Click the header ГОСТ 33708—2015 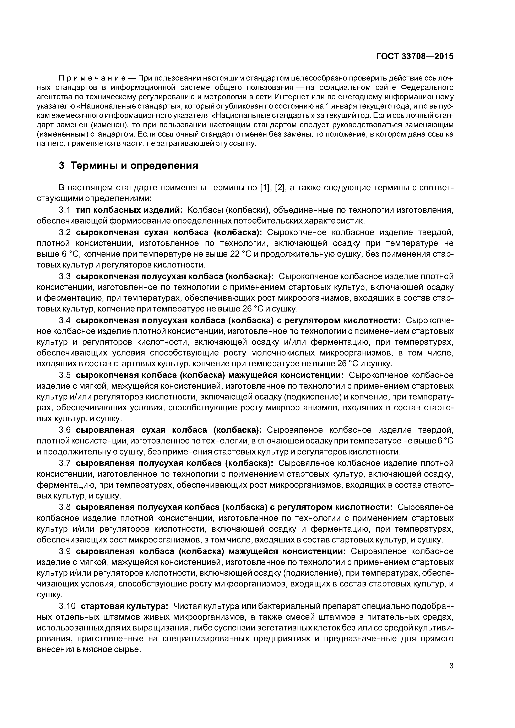pyautogui.click(x=415, y=56)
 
